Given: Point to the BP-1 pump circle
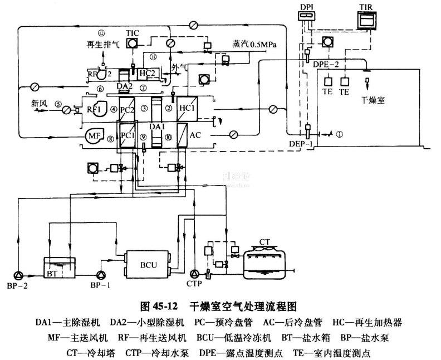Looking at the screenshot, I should point(101,274).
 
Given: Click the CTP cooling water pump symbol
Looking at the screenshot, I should point(195,274).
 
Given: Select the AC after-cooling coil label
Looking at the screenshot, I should point(195,135).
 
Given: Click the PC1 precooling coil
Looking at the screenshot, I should point(128,135).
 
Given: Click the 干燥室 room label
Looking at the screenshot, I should point(373,101).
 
